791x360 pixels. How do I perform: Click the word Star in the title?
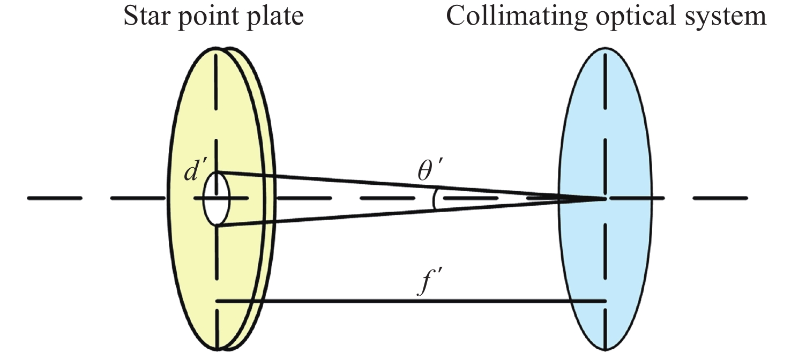pos(146,16)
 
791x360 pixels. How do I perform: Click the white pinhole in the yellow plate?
pos(217,199)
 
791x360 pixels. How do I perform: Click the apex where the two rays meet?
pos(605,199)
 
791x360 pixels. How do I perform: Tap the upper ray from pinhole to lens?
pos(375,182)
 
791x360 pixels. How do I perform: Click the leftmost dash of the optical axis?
pos(54,198)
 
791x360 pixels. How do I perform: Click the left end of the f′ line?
pos(217,301)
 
